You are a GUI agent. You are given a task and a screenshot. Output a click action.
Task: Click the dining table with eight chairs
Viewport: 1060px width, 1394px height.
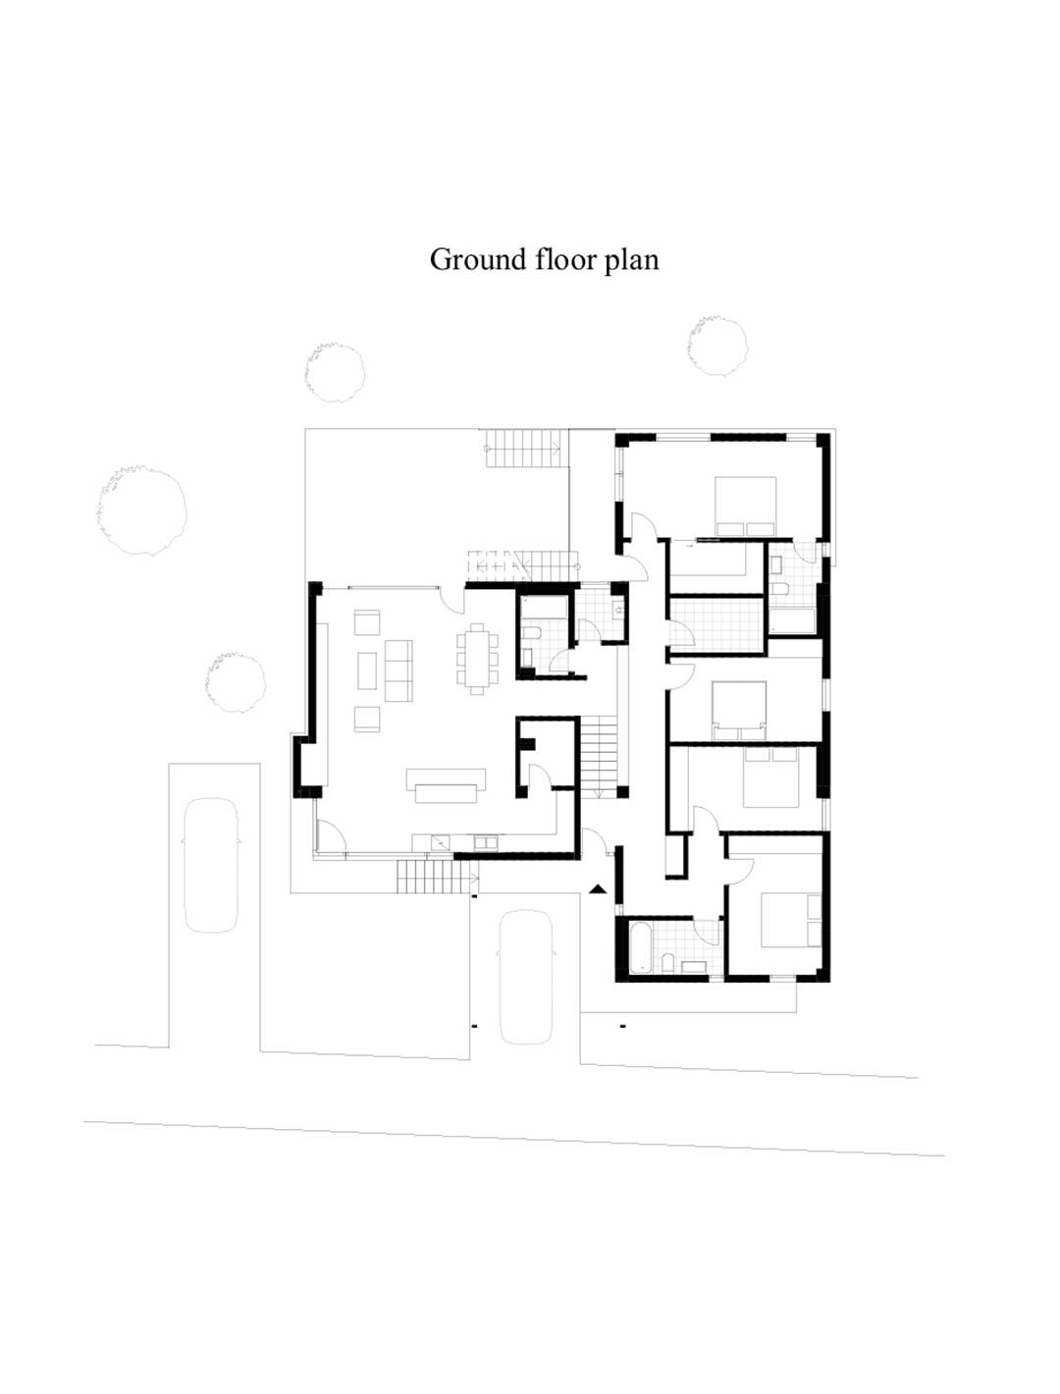pos(477,660)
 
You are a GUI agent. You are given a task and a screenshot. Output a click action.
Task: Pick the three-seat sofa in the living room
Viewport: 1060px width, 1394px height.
pos(398,670)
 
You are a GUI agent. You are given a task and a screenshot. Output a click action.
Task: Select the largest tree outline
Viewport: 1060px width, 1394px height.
pos(142,511)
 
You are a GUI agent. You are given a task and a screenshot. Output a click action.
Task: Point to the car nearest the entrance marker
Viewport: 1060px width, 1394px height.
pos(525,977)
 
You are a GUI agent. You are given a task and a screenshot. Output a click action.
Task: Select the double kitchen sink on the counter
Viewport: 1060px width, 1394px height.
pos(486,842)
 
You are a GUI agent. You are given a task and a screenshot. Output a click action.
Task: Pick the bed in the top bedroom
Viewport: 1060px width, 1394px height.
pos(746,507)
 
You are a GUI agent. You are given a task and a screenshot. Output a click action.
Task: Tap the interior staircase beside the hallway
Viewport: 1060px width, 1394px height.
pos(599,756)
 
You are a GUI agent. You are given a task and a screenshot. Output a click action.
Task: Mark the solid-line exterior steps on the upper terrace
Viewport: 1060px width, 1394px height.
pos(524,449)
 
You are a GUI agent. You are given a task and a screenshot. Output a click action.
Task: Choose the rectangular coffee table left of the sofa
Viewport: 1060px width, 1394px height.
pos(367,670)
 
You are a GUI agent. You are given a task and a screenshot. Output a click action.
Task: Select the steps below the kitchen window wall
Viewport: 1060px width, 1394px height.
pos(438,877)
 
